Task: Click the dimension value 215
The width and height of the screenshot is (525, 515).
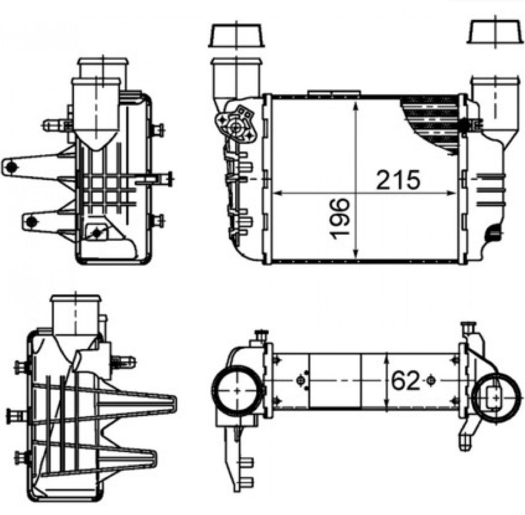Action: pyautogui.click(x=398, y=180)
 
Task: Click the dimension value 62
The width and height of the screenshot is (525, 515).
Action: pyautogui.click(x=405, y=381)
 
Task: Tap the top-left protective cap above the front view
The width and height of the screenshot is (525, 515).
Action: pyautogui.click(x=236, y=35)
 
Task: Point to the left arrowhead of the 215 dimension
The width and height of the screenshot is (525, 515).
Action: pyautogui.click(x=278, y=193)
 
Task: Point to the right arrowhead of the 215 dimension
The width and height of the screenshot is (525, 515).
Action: pyautogui.click(x=451, y=193)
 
